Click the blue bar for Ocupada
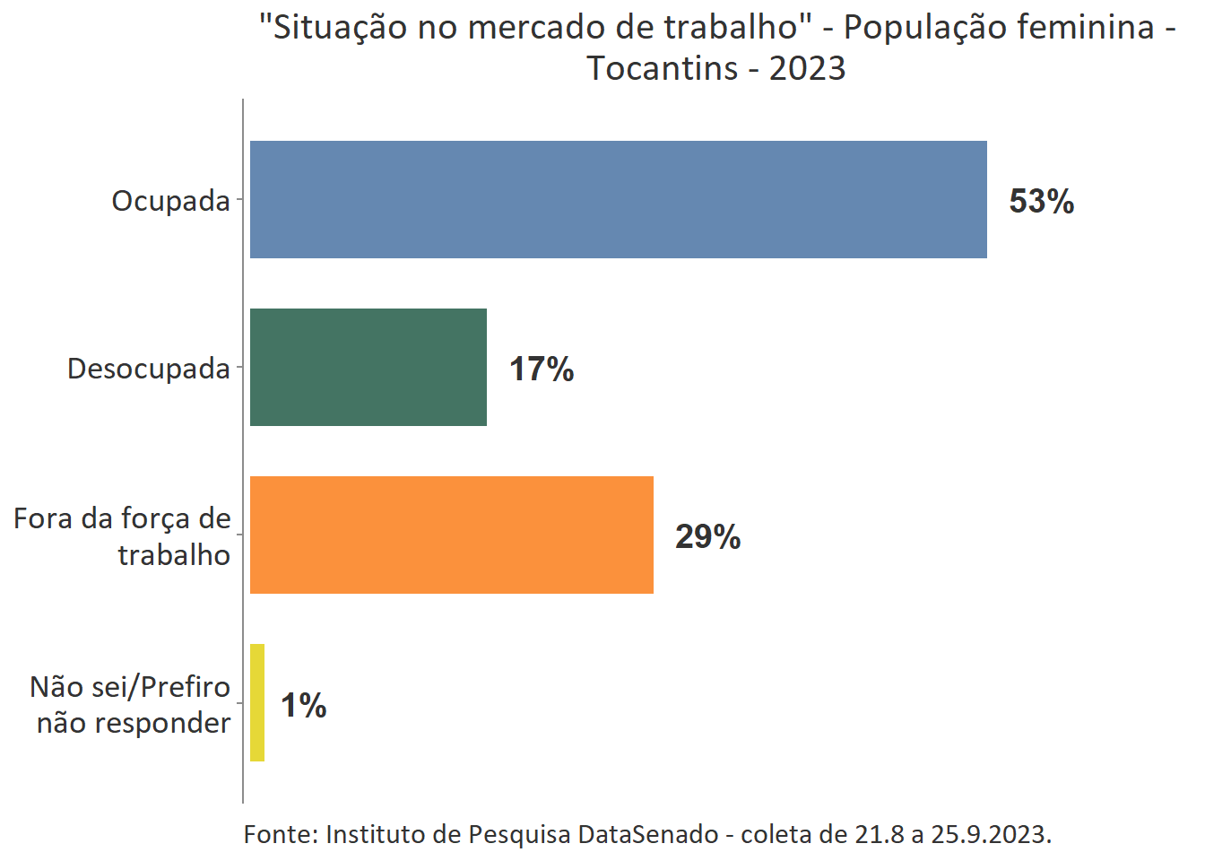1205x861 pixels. pyautogui.click(x=618, y=199)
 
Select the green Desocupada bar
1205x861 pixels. pyautogui.click(x=368, y=367)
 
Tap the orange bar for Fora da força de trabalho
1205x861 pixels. pyautogui.click(x=451, y=535)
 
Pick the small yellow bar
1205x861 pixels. pyautogui.click(x=257, y=702)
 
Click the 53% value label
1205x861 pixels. pyautogui.click(x=1041, y=201)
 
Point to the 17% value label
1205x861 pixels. pyautogui.click(x=542, y=369)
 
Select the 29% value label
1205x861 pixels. pyautogui.click(x=707, y=536)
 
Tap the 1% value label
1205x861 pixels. pyautogui.click(x=303, y=705)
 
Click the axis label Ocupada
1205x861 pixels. pyautogui.click(x=170, y=201)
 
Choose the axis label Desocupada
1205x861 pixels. pyautogui.click(x=148, y=369)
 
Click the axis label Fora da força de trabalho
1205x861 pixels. pyautogui.click(x=123, y=536)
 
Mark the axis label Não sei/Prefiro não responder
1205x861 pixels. pyautogui.click(x=132, y=704)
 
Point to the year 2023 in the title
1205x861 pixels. pyautogui.click(x=807, y=68)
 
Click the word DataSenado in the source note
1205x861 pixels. pyautogui.click(x=647, y=834)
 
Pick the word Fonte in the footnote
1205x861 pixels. pyautogui.click(x=278, y=834)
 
